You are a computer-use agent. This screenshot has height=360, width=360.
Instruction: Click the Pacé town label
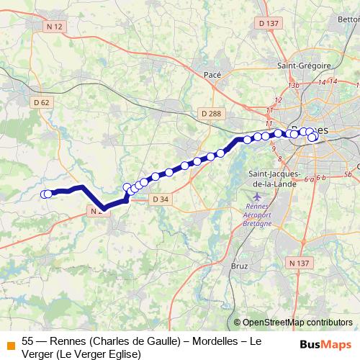coord(212,74)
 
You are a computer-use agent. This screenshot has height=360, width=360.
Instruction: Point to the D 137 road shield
coord(268,24)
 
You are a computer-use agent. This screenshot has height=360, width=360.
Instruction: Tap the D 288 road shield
coord(211,113)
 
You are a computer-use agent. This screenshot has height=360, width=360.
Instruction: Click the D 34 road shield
coord(161,199)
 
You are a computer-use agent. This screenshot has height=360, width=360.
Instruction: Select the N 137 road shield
coord(298,264)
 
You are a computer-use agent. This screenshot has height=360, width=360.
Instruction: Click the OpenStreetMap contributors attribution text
coord(297,323)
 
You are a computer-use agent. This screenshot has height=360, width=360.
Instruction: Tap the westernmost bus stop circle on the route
coord(45,194)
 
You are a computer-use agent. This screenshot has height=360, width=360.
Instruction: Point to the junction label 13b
coord(293,85)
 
